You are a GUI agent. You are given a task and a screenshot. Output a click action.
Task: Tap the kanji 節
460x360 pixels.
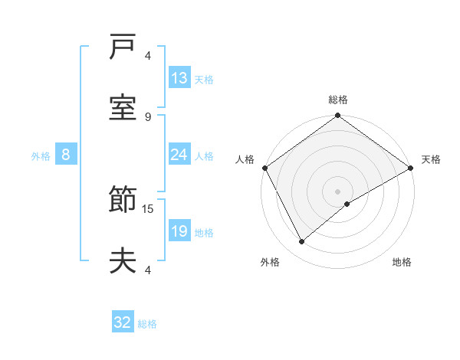tap(123, 202)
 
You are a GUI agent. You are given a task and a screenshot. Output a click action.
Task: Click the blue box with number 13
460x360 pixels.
tap(179, 78)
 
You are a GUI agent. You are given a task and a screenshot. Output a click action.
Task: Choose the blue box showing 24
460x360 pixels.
tap(179, 155)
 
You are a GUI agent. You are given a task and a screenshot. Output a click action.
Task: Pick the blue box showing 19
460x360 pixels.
tap(179, 231)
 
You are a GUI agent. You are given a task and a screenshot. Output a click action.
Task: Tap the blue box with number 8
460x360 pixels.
tap(66, 155)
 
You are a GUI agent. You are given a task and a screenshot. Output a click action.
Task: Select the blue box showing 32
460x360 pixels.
tap(123, 322)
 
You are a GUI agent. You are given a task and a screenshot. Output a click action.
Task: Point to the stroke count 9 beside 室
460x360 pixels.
tap(148, 116)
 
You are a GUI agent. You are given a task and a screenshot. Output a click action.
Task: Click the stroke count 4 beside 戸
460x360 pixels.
tap(148, 56)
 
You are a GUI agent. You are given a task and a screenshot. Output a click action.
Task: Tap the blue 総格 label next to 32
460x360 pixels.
tap(147, 324)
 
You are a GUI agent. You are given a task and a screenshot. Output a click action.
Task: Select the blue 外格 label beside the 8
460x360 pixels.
tap(41, 155)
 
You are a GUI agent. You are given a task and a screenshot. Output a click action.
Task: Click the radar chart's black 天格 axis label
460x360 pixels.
tap(431, 159)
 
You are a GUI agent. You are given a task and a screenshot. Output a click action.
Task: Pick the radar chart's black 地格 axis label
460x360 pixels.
tap(402, 263)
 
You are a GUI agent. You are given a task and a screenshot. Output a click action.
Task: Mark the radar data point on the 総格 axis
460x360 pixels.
tap(338, 116)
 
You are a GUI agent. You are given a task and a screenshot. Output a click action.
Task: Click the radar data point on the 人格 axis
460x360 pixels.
tap(264, 167)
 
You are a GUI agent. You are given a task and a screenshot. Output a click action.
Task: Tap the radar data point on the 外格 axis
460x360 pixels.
tap(302, 242)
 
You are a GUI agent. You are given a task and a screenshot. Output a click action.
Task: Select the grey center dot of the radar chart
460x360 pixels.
tap(338, 191)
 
